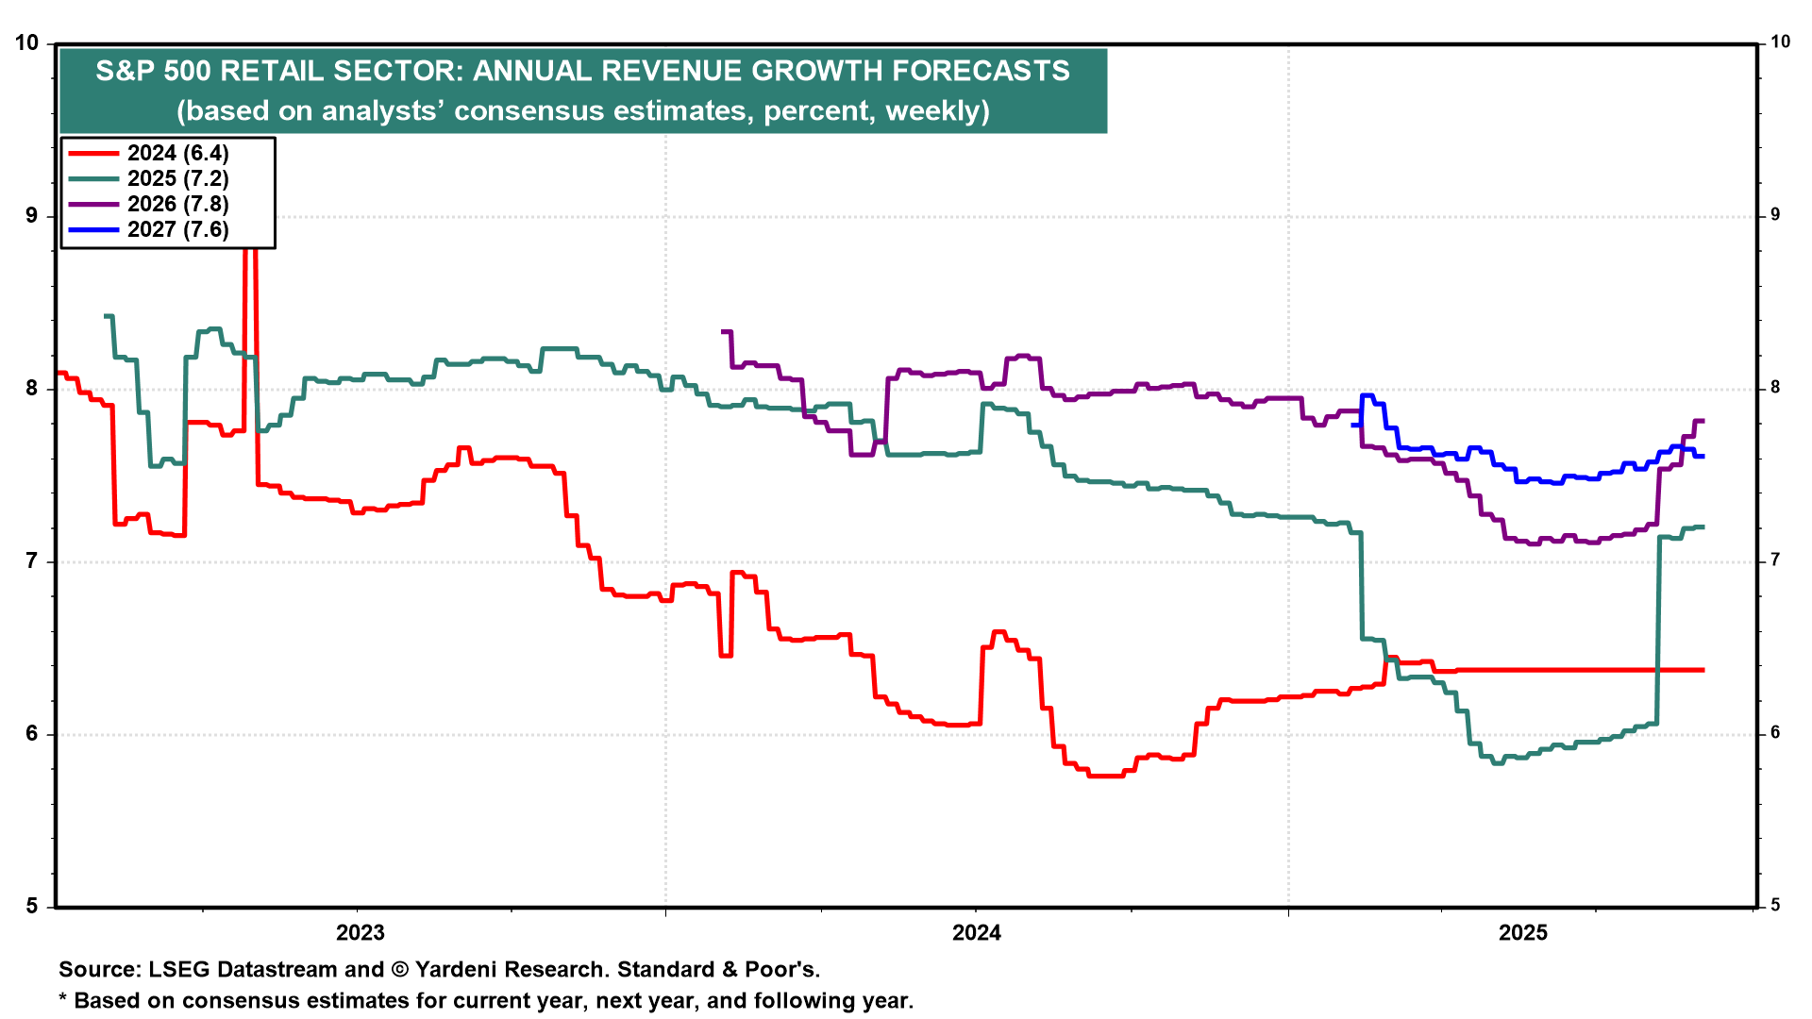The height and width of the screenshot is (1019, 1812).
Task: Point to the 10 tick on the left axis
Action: tap(27, 43)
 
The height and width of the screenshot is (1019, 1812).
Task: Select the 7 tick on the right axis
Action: tap(1775, 560)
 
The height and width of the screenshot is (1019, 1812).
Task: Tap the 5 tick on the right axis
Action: tap(1775, 906)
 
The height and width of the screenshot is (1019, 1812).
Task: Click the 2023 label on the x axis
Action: tap(361, 933)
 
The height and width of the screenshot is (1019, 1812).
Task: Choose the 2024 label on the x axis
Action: tap(977, 933)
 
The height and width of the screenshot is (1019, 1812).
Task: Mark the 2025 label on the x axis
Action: tap(1523, 933)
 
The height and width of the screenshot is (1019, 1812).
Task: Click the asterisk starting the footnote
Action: tap(63, 1000)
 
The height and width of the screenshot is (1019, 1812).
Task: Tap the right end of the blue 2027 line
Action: tap(1703, 456)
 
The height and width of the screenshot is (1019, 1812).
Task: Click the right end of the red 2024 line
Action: tap(1703, 670)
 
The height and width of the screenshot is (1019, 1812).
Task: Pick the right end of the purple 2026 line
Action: tap(1703, 421)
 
